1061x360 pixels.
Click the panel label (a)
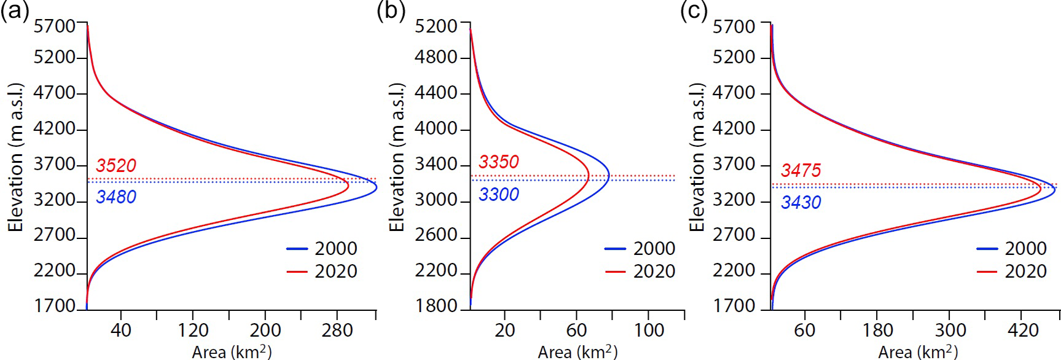pyautogui.click(x=15, y=12)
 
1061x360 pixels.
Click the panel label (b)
pyautogui.click(x=391, y=12)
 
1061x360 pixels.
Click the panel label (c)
pyautogui.click(x=694, y=12)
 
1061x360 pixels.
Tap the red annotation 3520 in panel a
pyautogui.click(x=116, y=165)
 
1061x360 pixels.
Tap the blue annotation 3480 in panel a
pyautogui.click(x=116, y=197)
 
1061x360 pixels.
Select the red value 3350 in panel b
pyautogui.click(x=499, y=162)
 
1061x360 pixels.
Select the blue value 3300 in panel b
pyautogui.click(x=499, y=195)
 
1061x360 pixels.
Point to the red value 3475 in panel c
pyautogui.click(x=801, y=170)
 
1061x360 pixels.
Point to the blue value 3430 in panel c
pyautogui.click(x=801, y=202)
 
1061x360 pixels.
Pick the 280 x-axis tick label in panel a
pyautogui.click(x=337, y=331)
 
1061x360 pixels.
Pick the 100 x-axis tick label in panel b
pyautogui.click(x=649, y=331)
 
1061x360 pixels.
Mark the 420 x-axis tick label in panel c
pyautogui.click(x=1023, y=331)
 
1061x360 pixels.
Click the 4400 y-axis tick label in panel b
pyautogui.click(x=436, y=93)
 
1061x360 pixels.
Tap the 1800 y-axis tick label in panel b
pyautogui.click(x=436, y=306)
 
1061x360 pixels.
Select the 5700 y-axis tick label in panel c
pyautogui.click(x=734, y=26)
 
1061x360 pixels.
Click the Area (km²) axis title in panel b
pyautogui.click(x=577, y=351)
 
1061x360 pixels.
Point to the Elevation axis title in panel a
pyautogui.click(x=16, y=157)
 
